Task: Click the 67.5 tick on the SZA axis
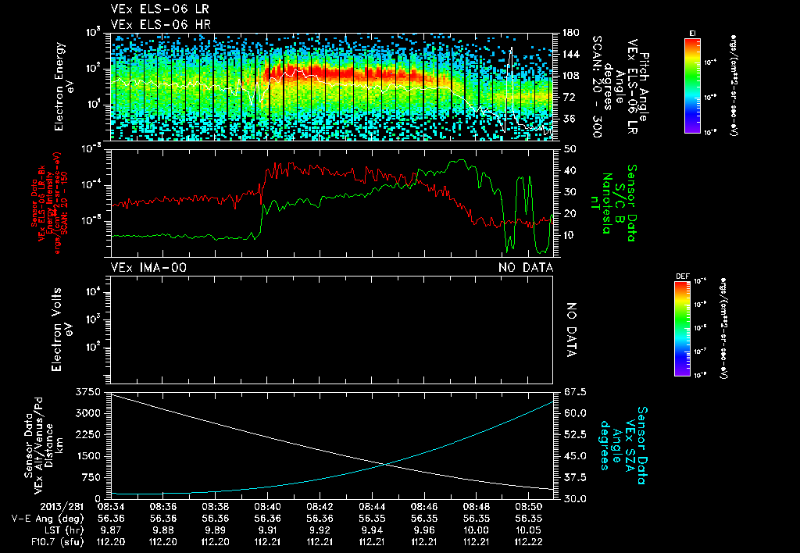tap(570, 391)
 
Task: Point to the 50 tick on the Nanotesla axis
tap(568, 148)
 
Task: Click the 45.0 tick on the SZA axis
tap(570, 455)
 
